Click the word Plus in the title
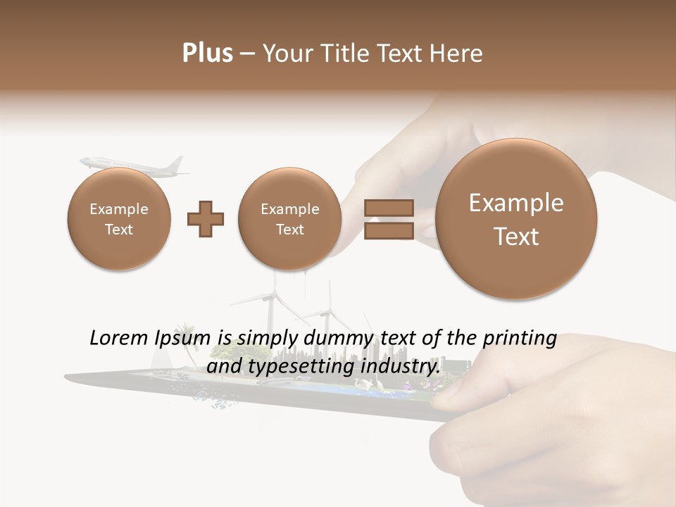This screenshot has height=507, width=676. (207, 54)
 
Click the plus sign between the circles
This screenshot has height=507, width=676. (205, 219)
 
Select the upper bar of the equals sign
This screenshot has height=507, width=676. (389, 208)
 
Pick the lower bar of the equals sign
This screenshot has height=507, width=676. (389, 231)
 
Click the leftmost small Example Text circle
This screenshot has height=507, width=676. (119, 219)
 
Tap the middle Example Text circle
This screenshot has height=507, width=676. (289, 219)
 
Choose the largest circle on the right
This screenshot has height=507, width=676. (516, 219)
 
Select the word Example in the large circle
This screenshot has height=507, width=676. (516, 203)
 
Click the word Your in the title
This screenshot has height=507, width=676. (284, 54)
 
